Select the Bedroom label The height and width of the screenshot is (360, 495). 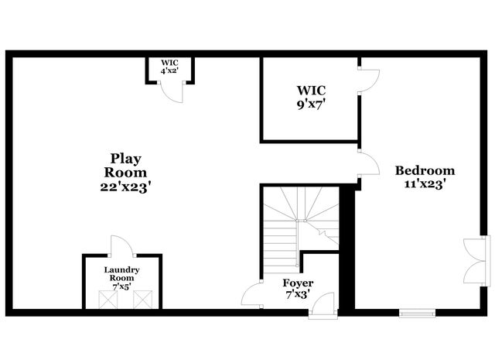[x=425, y=171]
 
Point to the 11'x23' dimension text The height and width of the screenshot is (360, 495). [x=425, y=184]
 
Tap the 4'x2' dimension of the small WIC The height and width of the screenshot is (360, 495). [x=169, y=70]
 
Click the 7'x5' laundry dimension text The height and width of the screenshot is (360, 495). [x=122, y=286]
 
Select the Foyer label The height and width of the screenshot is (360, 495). [x=298, y=283]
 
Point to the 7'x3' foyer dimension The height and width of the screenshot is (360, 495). [x=298, y=295]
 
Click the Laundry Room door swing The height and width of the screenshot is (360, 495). [x=122, y=248]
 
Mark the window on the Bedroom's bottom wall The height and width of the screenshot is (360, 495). [x=418, y=313]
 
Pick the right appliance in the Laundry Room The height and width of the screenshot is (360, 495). [x=141, y=300]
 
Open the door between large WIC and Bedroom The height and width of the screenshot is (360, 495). [x=368, y=80]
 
